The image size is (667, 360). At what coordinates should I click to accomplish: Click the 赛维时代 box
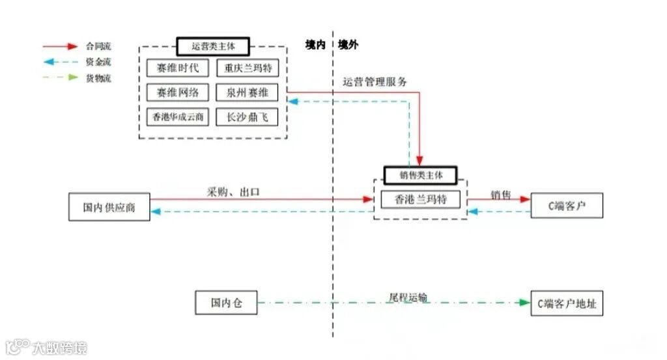coord(177,67)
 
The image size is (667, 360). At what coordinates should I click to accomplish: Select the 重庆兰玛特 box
coord(247,67)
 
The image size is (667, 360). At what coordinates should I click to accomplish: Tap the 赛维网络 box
coord(177,92)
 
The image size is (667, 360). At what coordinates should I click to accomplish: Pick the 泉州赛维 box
coord(247,92)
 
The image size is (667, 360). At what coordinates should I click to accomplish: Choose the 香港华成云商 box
coord(177,117)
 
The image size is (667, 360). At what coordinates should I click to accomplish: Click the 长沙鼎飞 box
coord(247,117)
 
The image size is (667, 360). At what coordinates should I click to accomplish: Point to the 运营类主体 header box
coord(212,46)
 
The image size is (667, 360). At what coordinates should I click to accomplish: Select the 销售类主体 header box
coord(419,175)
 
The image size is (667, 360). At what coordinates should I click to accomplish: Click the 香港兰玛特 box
coord(419,199)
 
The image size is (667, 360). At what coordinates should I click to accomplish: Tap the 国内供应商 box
coord(109,208)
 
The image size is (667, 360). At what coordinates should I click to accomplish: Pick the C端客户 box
coord(566,206)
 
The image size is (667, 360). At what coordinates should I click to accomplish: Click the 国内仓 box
coord(226,303)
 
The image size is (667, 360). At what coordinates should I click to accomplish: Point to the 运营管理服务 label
coord(375,82)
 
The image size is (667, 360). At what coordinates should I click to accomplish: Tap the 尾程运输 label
coord(408,297)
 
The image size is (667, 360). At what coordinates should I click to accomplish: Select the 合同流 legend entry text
coord(98,46)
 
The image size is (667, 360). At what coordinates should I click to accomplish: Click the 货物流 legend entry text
coord(98,78)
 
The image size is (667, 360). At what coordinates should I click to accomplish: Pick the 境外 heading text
coord(348,45)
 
